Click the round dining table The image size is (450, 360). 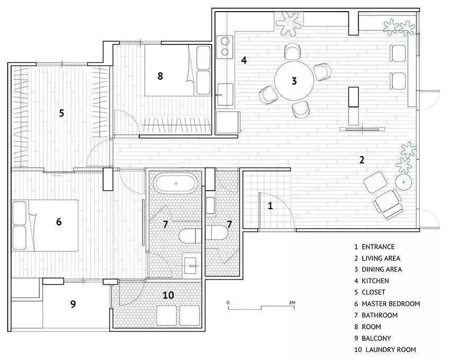pos(294,80)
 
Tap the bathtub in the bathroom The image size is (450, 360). pos(176,183)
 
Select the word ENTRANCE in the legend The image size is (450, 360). pos(378,247)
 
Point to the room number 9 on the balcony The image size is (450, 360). pos(73,304)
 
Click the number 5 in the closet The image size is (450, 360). pos(61,113)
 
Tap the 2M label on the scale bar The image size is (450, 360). pos(292,303)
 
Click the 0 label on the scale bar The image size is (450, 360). pos(228,303)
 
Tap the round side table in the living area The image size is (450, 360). pos(403,182)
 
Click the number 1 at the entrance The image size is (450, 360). pos(270,205)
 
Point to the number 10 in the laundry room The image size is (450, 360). pos(168,295)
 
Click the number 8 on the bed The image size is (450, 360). pos(160,76)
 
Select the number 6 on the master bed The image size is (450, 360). pos(59,222)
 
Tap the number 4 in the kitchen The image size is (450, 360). pos(244,60)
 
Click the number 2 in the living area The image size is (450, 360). pos(362,160)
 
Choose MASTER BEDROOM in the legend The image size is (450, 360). pos(391,304)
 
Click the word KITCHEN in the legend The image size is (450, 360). pos(375,281)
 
